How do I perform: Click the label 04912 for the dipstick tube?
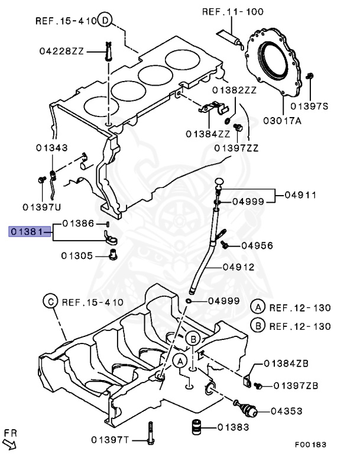click(x=238, y=267)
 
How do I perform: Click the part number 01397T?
click(x=109, y=439)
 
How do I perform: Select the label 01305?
click(x=77, y=256)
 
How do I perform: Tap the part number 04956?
click(x=257, y=245)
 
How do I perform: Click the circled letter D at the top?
click(x=105, y=21)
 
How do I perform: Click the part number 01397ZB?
click(x=295, y=385)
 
